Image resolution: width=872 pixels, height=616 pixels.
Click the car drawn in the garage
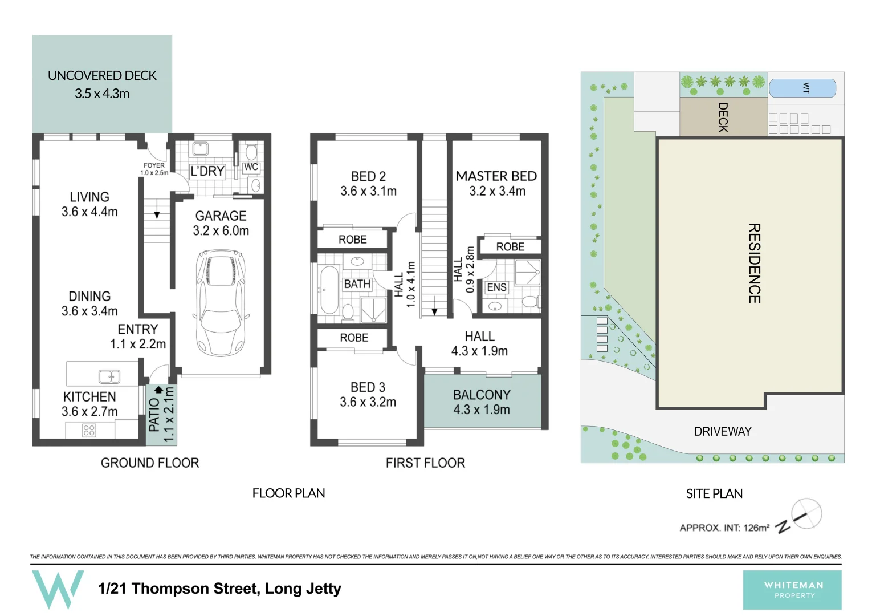click(x=221, y=302)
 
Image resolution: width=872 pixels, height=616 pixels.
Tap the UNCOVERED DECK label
click(x=102, y=76)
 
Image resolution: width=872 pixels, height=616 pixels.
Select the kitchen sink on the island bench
click(x=109, y=376)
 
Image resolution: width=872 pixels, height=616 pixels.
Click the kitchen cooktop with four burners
click(x=89, y=430)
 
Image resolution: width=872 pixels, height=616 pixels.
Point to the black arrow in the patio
click(x=158, y=390)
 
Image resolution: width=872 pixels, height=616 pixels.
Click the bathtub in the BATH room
click(x=329, y=290)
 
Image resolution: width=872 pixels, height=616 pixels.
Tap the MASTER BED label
click(x=496, y=176)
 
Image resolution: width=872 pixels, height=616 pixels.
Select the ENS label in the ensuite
click(x=496, y=287)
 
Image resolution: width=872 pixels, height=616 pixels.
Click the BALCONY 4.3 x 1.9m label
click(x=482, y=402)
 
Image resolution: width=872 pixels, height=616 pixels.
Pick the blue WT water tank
click(x=802, y=88)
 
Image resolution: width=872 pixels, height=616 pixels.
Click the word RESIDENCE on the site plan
click(x=754, y=263)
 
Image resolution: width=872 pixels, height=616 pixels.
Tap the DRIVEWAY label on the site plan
click(x=723, y=432)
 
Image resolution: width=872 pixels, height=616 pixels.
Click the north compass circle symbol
click(x=806, y=513)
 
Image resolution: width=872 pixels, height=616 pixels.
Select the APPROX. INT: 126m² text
click(x=724, y=528)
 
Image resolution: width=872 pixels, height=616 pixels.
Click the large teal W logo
click(x=58, y=589)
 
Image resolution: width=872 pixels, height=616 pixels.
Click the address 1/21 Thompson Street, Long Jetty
click(x=219, y=589)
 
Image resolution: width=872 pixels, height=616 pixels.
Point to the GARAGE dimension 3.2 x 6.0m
click(x=221, y=231)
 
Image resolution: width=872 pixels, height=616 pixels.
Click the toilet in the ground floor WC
click(x=251, y=152)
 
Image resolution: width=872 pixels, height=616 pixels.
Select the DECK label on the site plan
click(x=723, y=117)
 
